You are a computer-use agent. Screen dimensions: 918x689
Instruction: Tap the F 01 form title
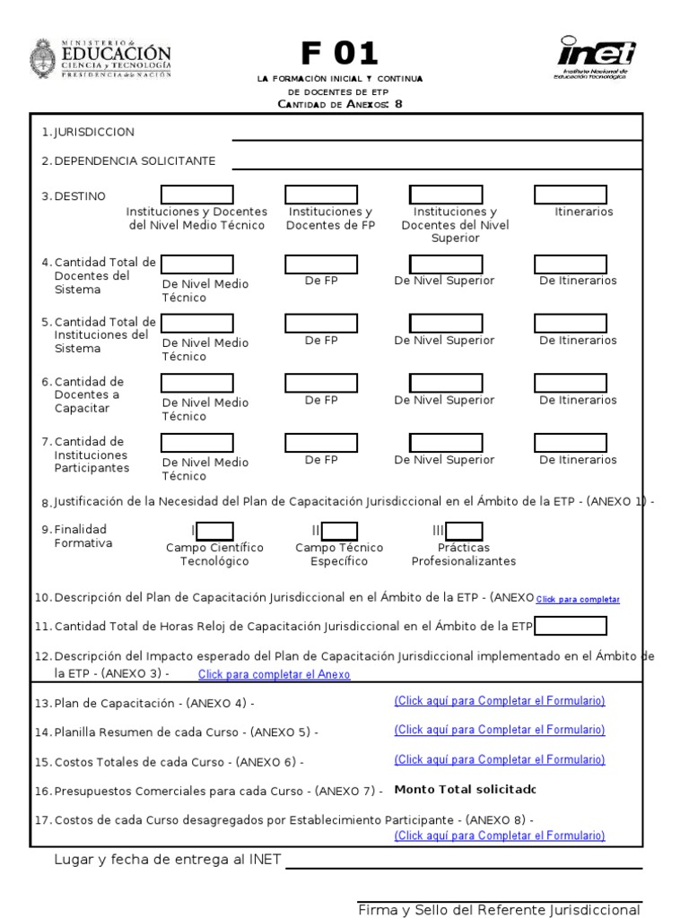point(339,55)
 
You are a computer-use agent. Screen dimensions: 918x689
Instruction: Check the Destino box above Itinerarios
point(571,195)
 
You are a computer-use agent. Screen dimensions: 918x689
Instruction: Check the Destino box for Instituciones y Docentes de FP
point(321,195)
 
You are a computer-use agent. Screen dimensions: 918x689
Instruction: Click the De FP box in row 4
point(321,264)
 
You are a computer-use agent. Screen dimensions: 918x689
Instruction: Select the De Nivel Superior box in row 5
point(446,323)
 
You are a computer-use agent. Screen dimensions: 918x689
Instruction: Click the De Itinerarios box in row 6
point(571,383)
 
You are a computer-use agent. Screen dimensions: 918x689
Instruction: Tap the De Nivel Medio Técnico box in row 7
point(196,443)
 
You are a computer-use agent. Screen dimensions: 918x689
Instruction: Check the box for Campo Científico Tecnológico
point(215,531)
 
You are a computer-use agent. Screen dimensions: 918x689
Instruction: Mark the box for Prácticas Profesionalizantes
point(465,531)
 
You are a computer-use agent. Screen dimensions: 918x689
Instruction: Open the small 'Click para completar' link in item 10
point(578,599)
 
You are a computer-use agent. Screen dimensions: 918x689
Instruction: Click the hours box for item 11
point(571,626)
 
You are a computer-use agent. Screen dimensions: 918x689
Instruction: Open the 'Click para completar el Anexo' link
point(274,674)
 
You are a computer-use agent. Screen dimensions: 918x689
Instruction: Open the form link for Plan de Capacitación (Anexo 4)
point(500,701)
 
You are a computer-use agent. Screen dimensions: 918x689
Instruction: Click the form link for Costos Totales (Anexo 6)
point(500,759)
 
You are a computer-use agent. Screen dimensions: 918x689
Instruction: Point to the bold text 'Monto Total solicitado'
point(465,790)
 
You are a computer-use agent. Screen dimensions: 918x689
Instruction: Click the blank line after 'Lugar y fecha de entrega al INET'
point(463,862)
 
